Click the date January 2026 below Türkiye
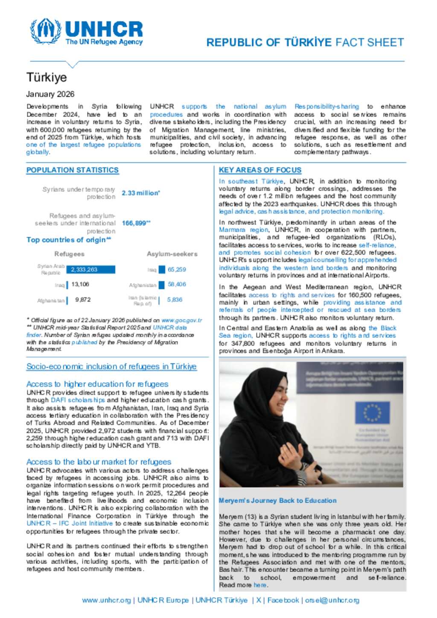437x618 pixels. (50, 94)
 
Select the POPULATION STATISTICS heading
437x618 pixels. (73, 170)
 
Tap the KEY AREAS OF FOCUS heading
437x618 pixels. (260, 170)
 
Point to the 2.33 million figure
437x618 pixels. (140, 193)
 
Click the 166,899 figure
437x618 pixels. (136, 223)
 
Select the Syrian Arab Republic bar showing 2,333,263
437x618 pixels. (91, 270)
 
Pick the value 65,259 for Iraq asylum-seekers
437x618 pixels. (177, 270)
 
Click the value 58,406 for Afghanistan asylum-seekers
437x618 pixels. (177, 284)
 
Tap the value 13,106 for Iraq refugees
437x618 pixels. (80, 284)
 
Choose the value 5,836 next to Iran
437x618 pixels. (175, 300)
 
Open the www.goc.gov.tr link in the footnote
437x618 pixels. (181, 320)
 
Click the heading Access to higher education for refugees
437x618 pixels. (97, 384)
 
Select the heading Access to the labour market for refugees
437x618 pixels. (99, 462)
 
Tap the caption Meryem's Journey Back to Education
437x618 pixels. (277, 501)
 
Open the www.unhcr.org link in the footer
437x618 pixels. (106, 601)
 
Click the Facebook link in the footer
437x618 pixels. (283, 601)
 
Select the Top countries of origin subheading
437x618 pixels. (69, 240)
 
